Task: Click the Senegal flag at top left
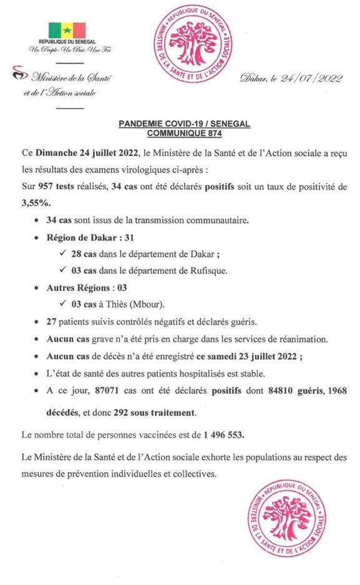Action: click(x=67, y=31)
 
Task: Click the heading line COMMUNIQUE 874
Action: click(x=184, y=133)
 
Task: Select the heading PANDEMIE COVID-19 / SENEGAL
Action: click(x=184, y=124)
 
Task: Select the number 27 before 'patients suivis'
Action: click(x=52, y=322)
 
